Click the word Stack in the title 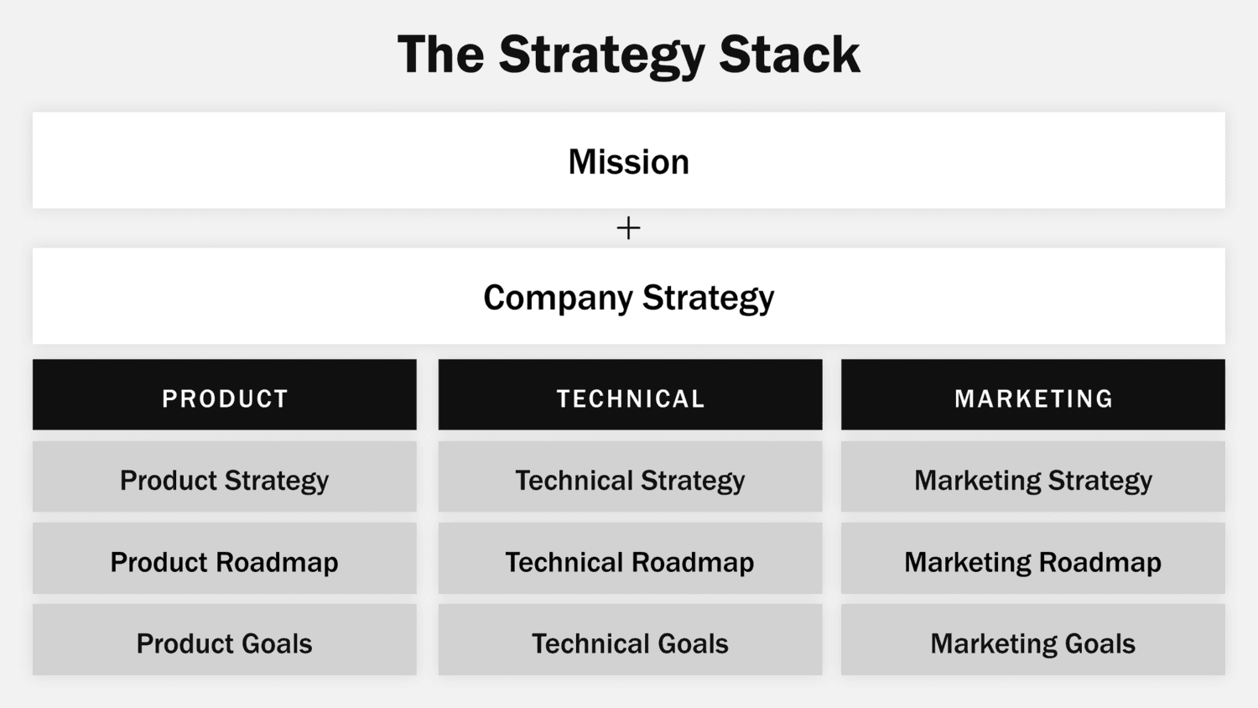point(789,55)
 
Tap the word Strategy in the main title point(601,55)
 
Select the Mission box point(628,160)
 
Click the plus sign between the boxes point(628,228)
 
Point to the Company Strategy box point(628,296)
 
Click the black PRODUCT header point(225,395)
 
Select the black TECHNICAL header point(630,395)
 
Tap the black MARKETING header point(1033,395)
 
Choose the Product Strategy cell point(225,477)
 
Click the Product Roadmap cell point(225,559)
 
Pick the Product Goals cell point(225,640)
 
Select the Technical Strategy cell point(630,477)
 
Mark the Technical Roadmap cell point(630,559)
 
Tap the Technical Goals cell point(630,640)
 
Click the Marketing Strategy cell point(1033,477)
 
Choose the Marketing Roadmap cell point(1033,559)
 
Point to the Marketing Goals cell point(1033,640)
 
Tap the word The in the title point(440,55)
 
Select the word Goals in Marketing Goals point(1099,643)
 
